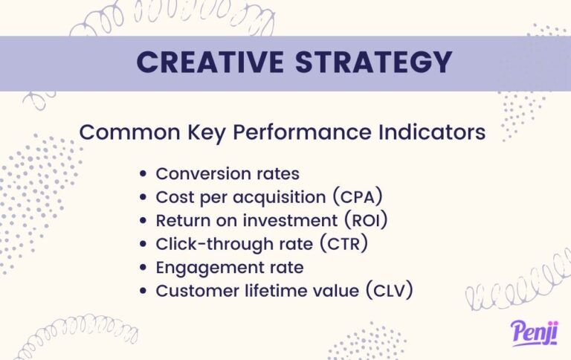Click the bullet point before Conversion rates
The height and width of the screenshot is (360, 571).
tap(144, 174)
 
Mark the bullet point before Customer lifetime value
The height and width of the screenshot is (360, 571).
tap(144, 291)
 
